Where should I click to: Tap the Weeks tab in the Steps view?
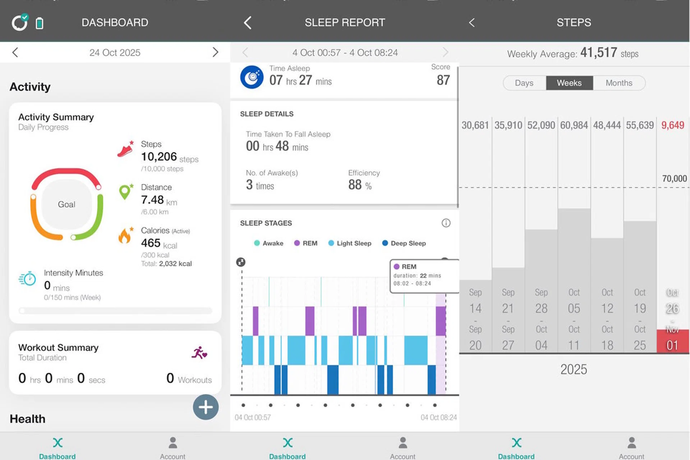(x=569, y=83)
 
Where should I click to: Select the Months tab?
(x=619, y=83)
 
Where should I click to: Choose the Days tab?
(x=524, y=83)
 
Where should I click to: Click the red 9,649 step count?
(x=673, y=125)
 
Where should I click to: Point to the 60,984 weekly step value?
(x=574, y=125)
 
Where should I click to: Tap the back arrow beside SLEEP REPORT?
(x=248, y=23)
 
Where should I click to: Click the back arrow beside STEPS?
(x=472, y=23)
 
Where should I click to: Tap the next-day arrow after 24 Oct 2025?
(x=215, y=52)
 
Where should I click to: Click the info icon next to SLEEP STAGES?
(x=446, y=223)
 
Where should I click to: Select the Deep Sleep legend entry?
(x=404, y=243)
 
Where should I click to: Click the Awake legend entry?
(x=269, y=243)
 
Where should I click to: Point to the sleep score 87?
(x=443, y=80)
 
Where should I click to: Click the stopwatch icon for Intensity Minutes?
(x=27, y=279)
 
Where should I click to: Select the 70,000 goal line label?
(x=674, y=179)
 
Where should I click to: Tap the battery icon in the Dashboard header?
(x=40, y=23)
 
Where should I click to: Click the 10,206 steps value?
(x=159, y=157)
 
